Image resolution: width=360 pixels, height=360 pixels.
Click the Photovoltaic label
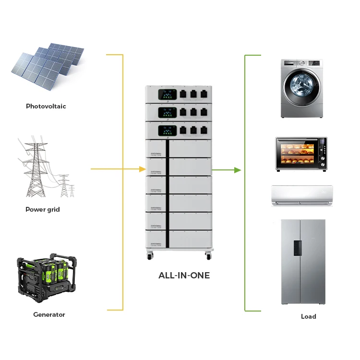[46, 106]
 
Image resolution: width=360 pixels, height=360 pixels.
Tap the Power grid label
[43, 209]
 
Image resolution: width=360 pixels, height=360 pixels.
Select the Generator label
[49, 314]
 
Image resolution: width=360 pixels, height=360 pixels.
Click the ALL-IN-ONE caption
[184, 276]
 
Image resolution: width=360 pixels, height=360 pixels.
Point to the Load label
[308, 316]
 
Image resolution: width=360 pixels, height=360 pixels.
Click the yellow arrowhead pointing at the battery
[142, 169]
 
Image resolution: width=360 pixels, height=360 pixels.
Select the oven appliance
[301, 154]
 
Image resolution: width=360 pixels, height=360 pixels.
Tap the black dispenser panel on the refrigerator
[298, 248]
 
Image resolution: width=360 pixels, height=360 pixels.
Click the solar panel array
[47, 65]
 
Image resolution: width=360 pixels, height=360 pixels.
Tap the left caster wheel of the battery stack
[150, 256]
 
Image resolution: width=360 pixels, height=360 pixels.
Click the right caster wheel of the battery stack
[208, 256]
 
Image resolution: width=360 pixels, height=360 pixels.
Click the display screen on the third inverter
[168, 130]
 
